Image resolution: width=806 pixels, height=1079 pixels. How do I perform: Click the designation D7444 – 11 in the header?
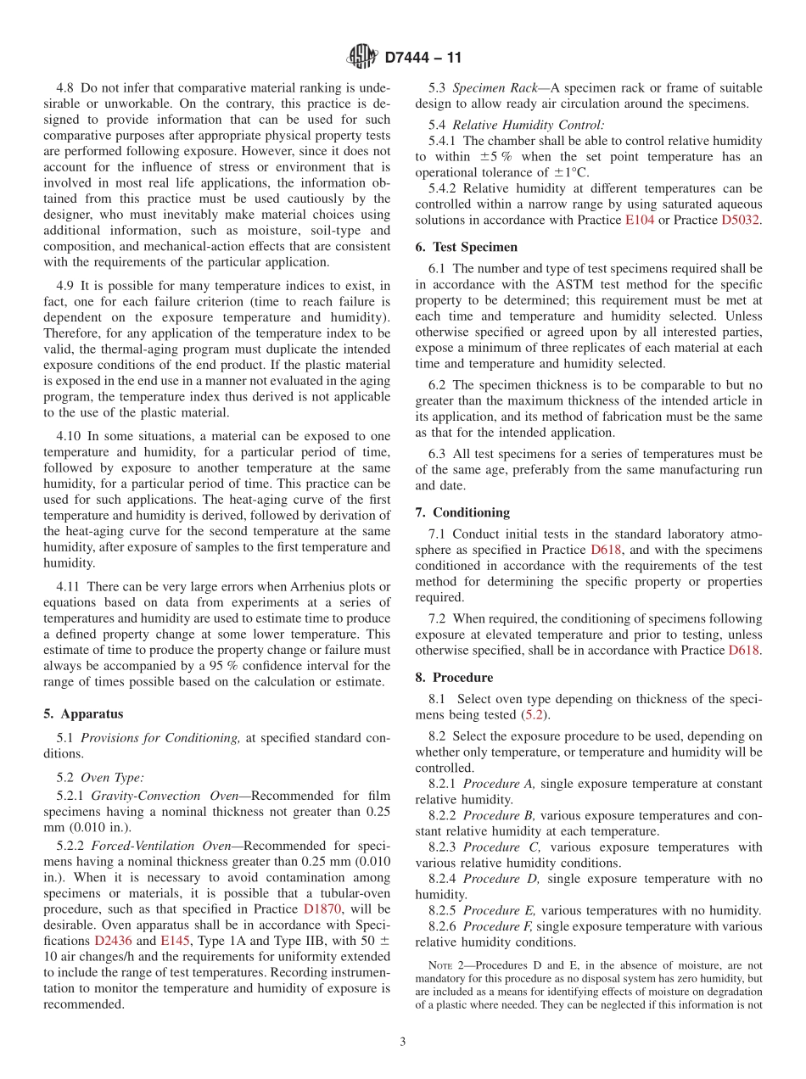coord(423,59)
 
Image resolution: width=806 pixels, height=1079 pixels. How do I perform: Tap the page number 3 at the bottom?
coord(402,1043)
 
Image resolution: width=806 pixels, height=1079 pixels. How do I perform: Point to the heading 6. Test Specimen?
coord(466,247)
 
